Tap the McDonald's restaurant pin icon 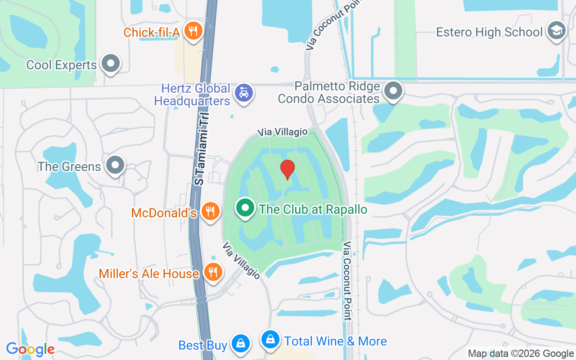pos(210,211)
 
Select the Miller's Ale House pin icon pos(213,272)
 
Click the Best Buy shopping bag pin pos(241,343)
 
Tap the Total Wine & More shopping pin pos(270,339)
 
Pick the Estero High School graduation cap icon pos(557,31)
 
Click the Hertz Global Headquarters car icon pos(244,93)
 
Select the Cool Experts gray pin pos(111,64)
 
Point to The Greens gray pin pos(116,165)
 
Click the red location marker pos(287,169)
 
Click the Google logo pos(30,349)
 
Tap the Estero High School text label pos(489,32)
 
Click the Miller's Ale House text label pos(148,274)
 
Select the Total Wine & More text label pos(336,342)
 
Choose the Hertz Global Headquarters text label pos(193,94)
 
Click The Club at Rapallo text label pos(313,210)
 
